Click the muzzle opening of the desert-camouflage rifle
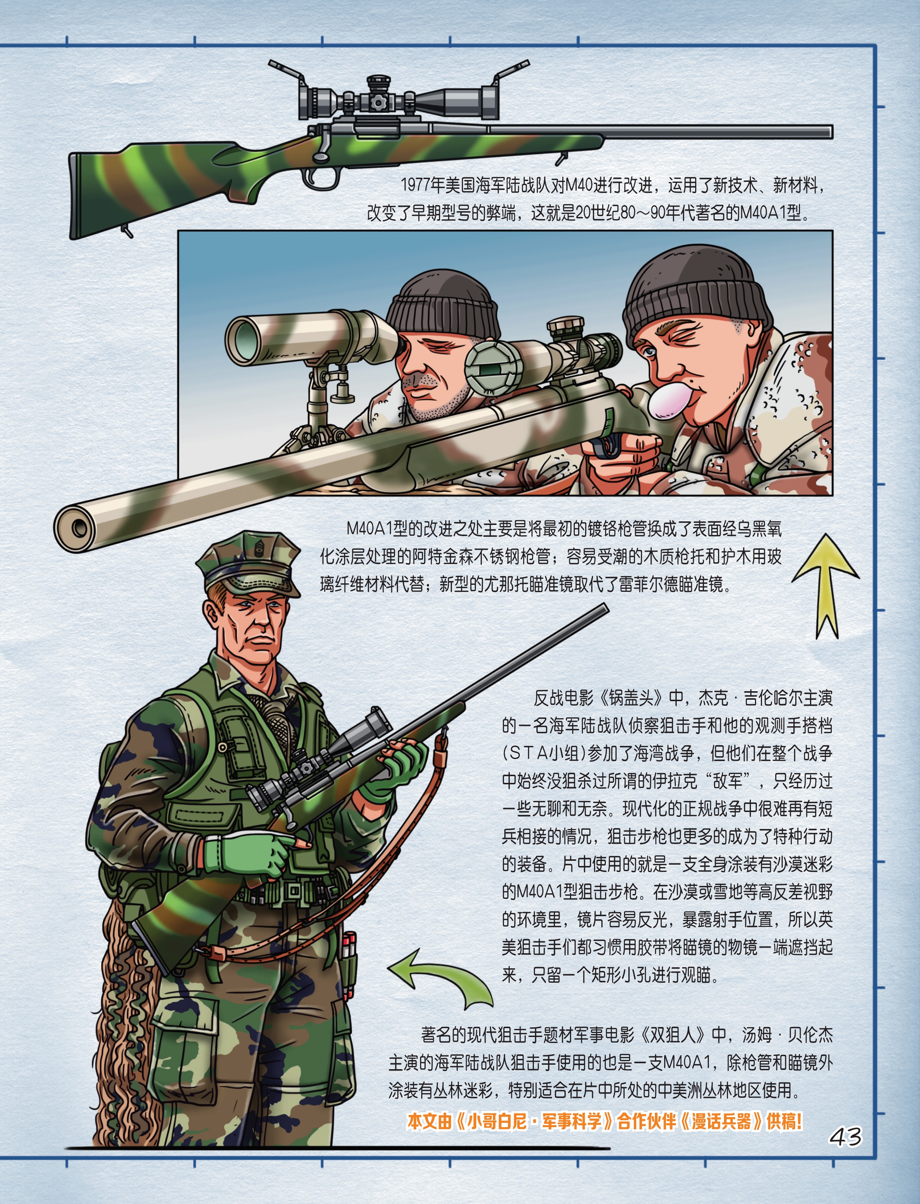[79, 529]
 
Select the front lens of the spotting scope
[242, 341]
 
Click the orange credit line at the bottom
[605, 1121]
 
